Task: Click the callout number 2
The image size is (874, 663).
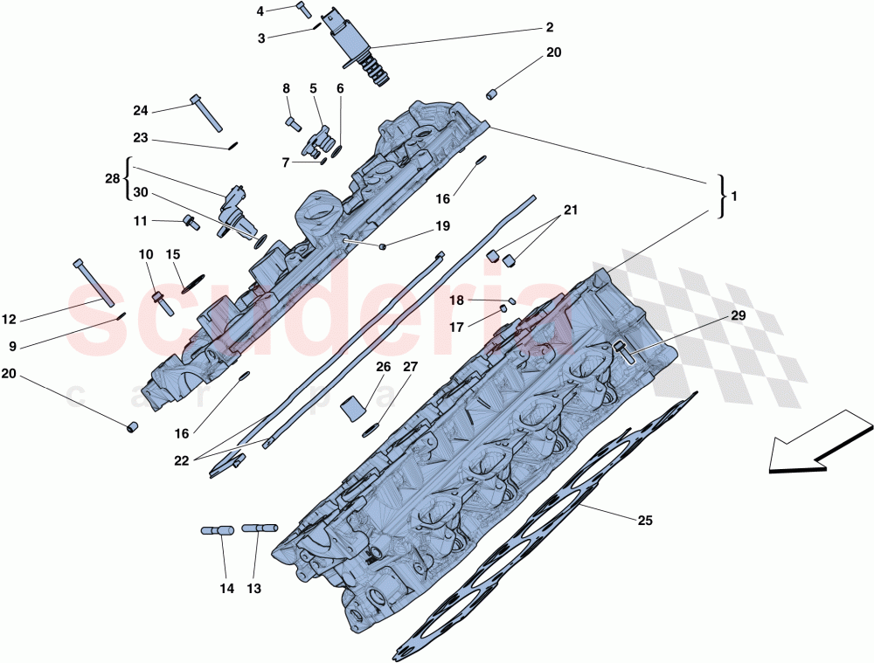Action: click(x=549, y=27)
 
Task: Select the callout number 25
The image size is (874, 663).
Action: click(x=644, y=521)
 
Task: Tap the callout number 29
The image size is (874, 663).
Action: click(x=739, y=315)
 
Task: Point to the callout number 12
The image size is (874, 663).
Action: click(x=9, y=320)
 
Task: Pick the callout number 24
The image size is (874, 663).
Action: click(x=141, y=111)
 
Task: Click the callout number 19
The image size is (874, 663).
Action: click(x=442, y=226)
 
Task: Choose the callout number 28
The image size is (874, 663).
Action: click(x=112, y=178)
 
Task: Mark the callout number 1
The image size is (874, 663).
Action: click(x=734, y=197)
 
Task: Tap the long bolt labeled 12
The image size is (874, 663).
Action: click(x=96, y=283)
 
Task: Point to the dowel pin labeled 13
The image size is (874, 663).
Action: click(x=260, y=528)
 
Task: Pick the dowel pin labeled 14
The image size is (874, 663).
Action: click(x=217, y=529)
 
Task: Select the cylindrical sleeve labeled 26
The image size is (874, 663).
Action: click(x=353, y=407)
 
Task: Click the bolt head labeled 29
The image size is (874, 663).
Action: click(x=622, y=351)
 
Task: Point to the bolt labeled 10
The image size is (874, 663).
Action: click(x=162, y=302)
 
